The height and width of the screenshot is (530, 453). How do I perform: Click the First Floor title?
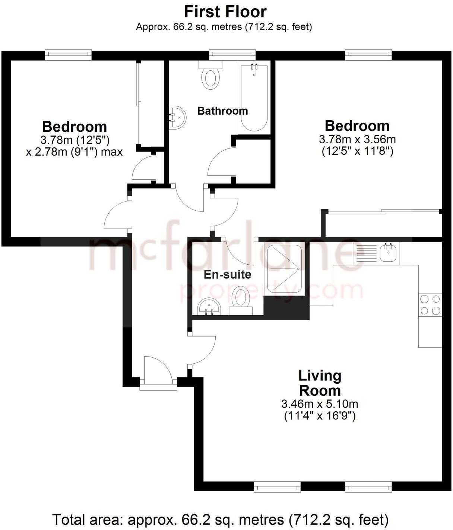pyautogui.click(x=225, y=12)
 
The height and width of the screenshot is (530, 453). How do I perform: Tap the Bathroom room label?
pyautogui.click(x=222, y=111)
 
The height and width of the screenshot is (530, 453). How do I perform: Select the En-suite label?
pyautogui.click(x=227, y=275)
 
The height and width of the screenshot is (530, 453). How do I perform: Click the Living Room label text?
pyautogui.click(x=320, y=383)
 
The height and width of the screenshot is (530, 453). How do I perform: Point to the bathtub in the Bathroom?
pyautogui.click(x=254, y=99)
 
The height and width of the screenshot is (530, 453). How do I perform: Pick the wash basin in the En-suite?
pyautogui.click(x=209, y=307)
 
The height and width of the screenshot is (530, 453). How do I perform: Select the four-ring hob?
pyautogui.click(x=430, y=304)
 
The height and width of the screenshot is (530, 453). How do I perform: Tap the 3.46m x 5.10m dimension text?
pyautogui.click(x=320, y=404)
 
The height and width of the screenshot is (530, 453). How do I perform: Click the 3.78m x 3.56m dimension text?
pyautogui.click(x=357, y=140)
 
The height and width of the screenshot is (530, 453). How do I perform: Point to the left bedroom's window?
pyautogui.click(x=68, y=55)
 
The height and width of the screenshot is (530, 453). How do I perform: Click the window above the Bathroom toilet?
pyautogui.click(x=232, y=55)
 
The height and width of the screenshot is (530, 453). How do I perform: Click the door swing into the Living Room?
pyautogui.click(x=203, y=350)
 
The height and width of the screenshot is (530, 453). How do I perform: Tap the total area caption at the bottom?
pyautogui.click(x=220, y=519)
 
